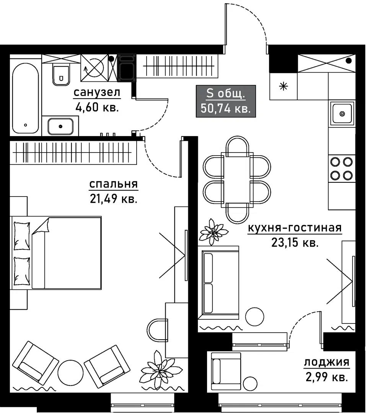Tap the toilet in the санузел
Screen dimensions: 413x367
[x=61, y=75]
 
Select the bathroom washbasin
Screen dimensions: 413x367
[x=60, y=126]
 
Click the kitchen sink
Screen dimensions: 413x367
[x=342, y=113]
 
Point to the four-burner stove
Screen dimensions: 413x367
[x=341, y=169]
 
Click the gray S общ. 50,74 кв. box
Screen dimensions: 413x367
[x=225, y=101]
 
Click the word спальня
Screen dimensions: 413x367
[x=113, y=184]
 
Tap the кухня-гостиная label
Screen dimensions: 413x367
[x=295, y=228]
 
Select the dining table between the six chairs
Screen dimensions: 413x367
[x=237, y=179]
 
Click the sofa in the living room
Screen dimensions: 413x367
[x=218, y=282]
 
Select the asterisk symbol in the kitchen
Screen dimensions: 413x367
[x=284, y=86]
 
